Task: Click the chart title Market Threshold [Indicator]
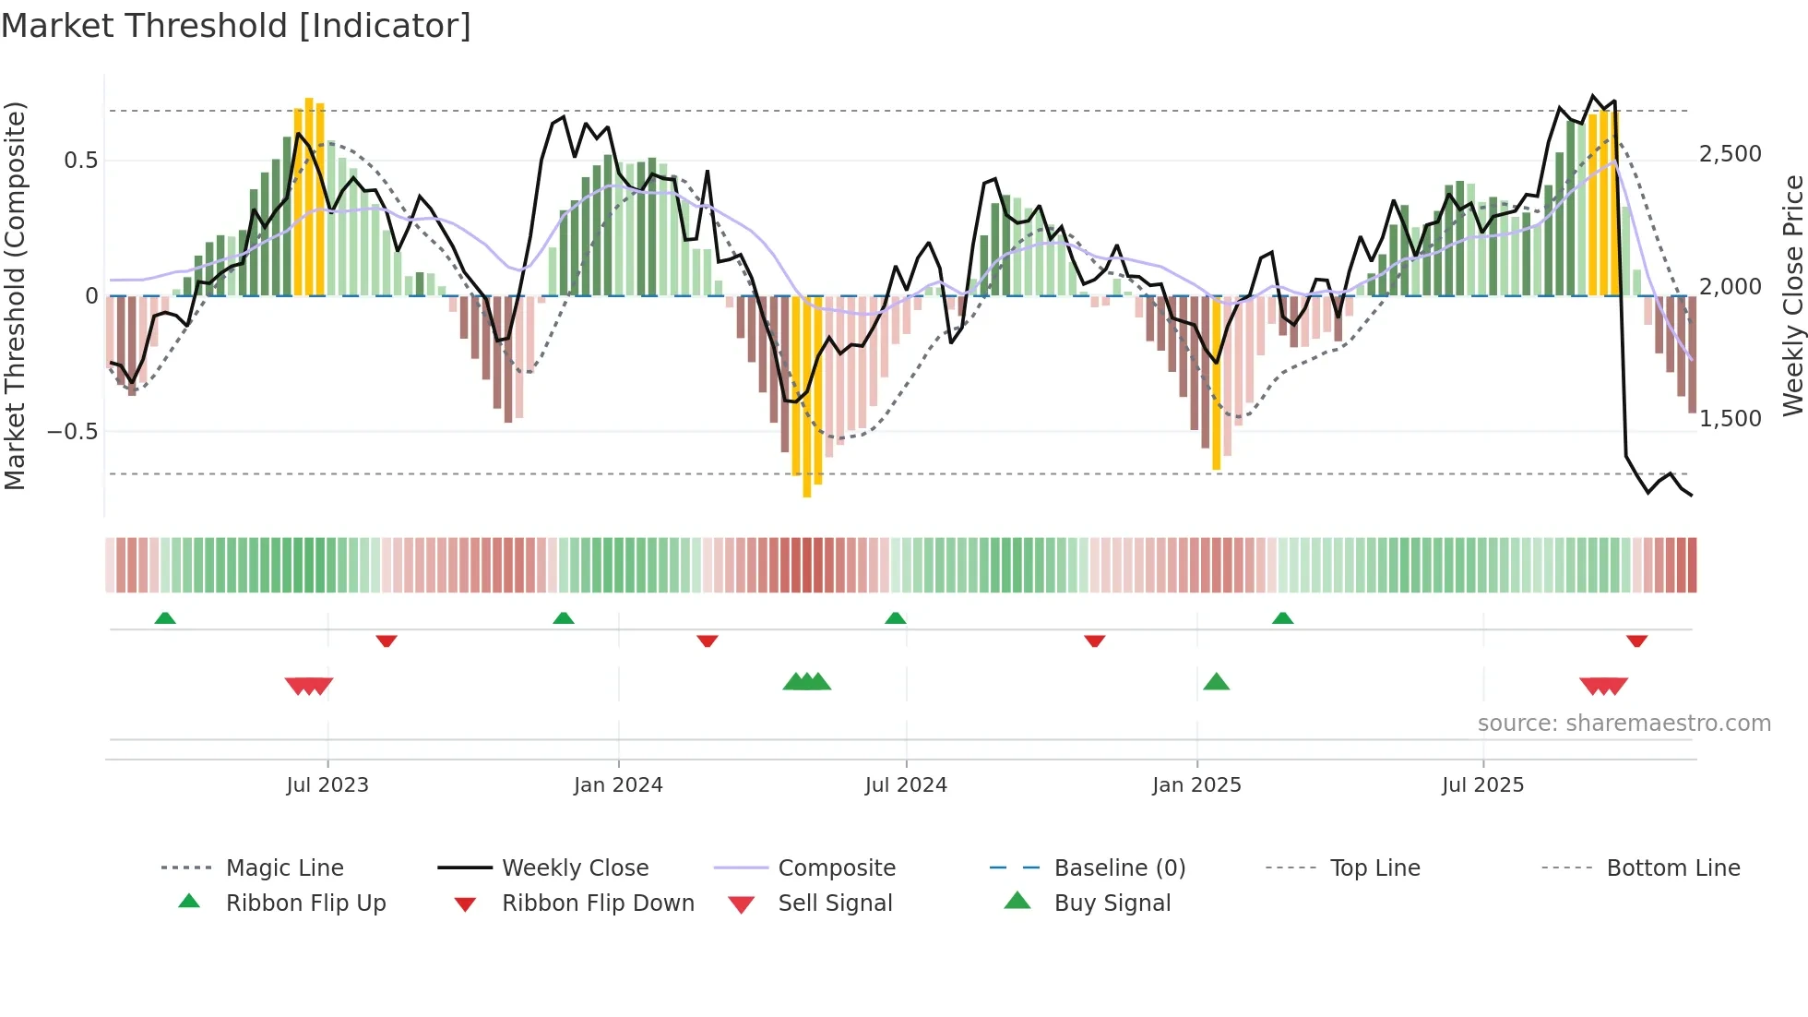tap(236, 26)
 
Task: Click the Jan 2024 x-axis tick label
tap(618, 785)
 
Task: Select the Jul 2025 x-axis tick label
tap(1482, 785)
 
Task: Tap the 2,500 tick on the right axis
tap(1730, 154)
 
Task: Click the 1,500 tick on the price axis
tap(1730, 419)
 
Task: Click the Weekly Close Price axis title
tap(1792, 295)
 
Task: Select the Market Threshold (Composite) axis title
tap(15, 295)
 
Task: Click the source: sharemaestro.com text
tap(1624, 724)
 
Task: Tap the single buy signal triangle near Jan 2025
tap(1216, 683)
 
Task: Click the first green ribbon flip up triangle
tap(165, 618)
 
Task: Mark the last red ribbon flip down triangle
tap(1636, 640)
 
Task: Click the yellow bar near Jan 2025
tap(1216, 383)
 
